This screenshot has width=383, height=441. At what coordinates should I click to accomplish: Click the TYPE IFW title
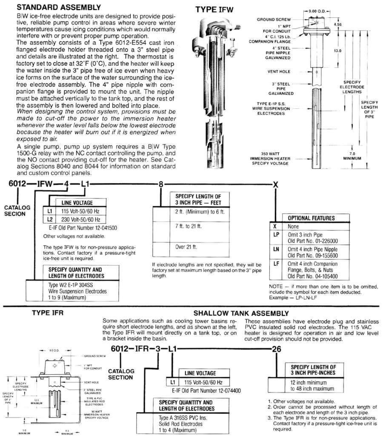coord(214,9)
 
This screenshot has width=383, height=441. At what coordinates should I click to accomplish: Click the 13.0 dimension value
coord(338,50)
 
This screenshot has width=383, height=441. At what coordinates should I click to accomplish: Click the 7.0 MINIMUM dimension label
coord(352,155)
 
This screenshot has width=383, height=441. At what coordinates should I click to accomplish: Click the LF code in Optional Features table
coord(276,264)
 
